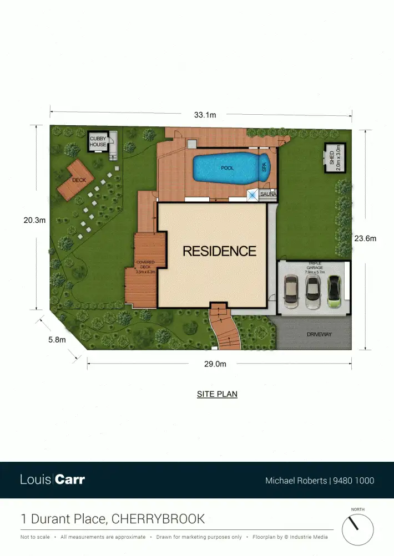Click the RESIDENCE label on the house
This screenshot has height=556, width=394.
pos(220,251)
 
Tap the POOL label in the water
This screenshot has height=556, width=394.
pos(227,167)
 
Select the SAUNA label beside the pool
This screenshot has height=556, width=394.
pos(268,195)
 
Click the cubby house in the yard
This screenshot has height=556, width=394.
pos(98,141)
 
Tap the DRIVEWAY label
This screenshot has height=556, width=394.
pos(319,334)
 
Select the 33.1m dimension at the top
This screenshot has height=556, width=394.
pos(205,115)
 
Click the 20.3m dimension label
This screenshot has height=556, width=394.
pos(34,220)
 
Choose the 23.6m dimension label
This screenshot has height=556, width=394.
pos(365,238)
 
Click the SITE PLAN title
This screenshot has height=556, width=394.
pos(217,395)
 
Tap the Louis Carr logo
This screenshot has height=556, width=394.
pos(53,480)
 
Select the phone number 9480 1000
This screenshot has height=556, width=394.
pos(353,481)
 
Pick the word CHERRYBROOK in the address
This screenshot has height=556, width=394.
pos(158,519)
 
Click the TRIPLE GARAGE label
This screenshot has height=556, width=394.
pos(314,267)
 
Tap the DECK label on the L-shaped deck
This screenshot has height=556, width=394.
pos(79,180)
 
